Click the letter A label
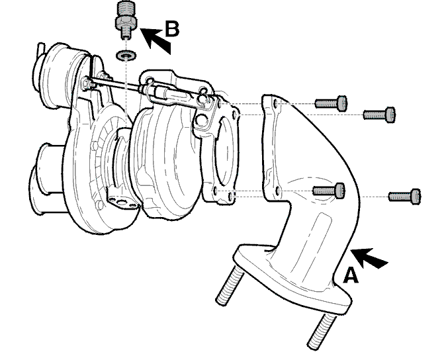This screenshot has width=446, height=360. click(x=351, y=275)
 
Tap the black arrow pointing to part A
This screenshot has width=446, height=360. click(x=369, y=257)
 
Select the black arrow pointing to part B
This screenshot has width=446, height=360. click(x=156, y=40)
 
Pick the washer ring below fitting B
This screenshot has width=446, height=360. click(x=126, y=55)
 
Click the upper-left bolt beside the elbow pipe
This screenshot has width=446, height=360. click(x=331, y=103)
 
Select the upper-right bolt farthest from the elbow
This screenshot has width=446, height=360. click(x=379, y=114)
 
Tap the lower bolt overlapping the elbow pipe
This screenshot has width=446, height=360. click(x=329, y=190)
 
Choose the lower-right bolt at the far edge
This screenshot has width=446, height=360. click(x=405, y=196)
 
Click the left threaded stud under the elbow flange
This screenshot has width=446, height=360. click(x=230, y=285)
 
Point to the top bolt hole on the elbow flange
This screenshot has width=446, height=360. click(x=275, y=103)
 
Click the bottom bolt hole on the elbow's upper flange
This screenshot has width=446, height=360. click(x=279, y=191)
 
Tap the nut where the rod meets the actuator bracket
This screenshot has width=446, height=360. click(x=87, y=83)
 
